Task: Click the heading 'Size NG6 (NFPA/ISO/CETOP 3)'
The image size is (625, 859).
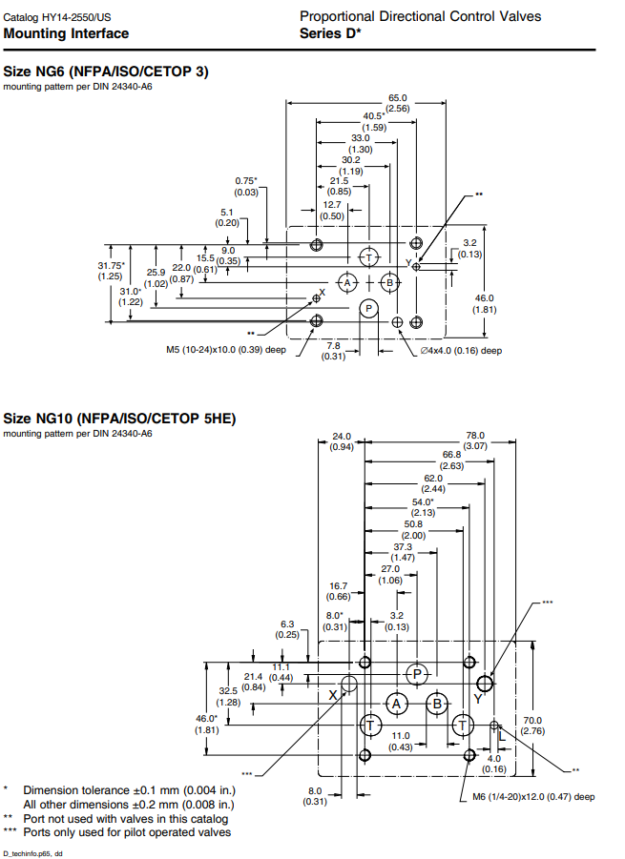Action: tap(106, 72)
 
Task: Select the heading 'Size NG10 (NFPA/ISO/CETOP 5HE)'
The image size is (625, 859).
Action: tap(119, 419)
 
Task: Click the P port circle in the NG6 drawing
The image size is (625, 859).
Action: tap(368, 307)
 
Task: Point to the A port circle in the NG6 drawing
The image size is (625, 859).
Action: tap(348, 283)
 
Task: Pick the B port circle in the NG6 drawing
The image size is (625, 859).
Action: tap(389, 282)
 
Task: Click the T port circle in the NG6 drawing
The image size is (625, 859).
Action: tap(368, 258)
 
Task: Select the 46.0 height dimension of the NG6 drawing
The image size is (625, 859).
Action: tap(485, 303)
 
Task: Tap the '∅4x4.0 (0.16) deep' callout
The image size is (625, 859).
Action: tap(462, 350)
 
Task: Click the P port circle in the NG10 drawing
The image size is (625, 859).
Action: tap(417, 673)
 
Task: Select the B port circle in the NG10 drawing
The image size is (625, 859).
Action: tap(438, 704)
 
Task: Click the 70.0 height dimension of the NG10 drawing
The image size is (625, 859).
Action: tap(532, 726)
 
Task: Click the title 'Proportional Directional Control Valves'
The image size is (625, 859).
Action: tap(420, 16)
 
